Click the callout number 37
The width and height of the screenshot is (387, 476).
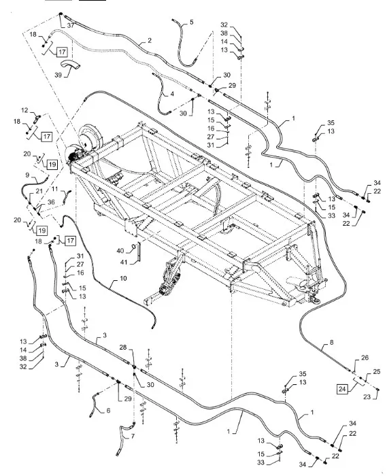point(71,26)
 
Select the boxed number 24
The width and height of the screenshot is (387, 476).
point(342,389)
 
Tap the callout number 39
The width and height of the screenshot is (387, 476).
point(58,75)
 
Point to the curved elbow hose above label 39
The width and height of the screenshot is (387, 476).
point(71,65)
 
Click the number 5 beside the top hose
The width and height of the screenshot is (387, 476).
point(191,22)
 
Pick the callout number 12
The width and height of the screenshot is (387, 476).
point(25,110)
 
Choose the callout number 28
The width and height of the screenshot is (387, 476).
point(122,347)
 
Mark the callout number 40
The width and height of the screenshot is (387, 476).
point(120,250)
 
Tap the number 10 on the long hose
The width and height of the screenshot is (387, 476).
point(123,278)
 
